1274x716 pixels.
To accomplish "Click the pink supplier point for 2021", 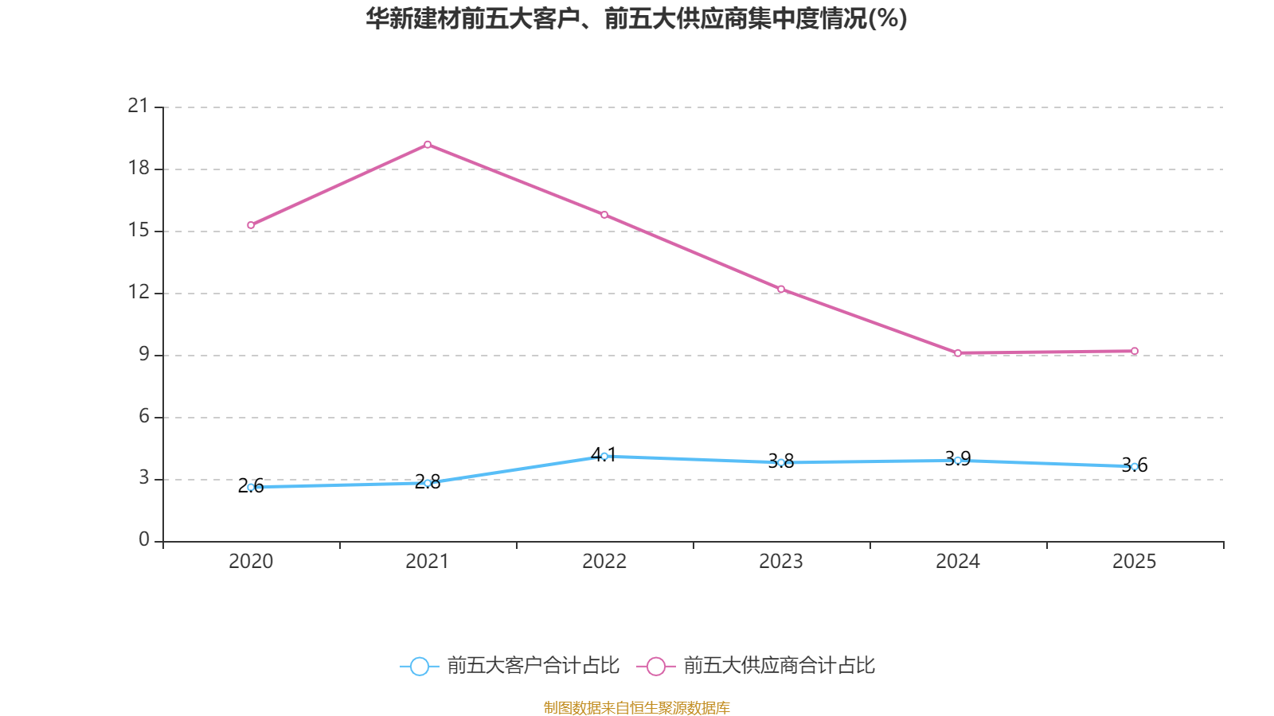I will [x=428, y=145].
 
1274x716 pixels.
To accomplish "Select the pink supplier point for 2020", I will [x=251, y=225].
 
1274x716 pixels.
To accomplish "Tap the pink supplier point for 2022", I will [x=604, y=215].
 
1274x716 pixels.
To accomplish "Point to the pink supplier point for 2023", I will [x=781, y=289].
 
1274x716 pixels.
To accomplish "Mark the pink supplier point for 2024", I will [x=958, y=353].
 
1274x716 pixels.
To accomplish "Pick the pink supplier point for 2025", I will [x=1135, y=351].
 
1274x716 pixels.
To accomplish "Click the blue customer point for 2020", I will [x=251, y=487].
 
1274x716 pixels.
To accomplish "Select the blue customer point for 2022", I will [x=604, y=456].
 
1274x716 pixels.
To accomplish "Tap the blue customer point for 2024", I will [x=958, y=461].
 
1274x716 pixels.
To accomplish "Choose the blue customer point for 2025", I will [x=1135, y=466].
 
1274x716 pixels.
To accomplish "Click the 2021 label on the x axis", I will [x=428, y=562].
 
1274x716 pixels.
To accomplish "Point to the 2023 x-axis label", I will [x=781, y=562].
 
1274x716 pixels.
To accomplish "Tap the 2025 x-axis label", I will [x=1135, y=562].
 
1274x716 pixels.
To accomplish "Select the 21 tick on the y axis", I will [x=139, y=106].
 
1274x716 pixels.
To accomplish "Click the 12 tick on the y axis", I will [x=139, y=292].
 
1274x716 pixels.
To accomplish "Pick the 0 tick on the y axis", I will [x=144, y=540].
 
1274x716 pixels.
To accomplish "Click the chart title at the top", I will [x=636, y=19].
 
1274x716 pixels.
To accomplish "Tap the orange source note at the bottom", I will [x=636, y=707].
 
